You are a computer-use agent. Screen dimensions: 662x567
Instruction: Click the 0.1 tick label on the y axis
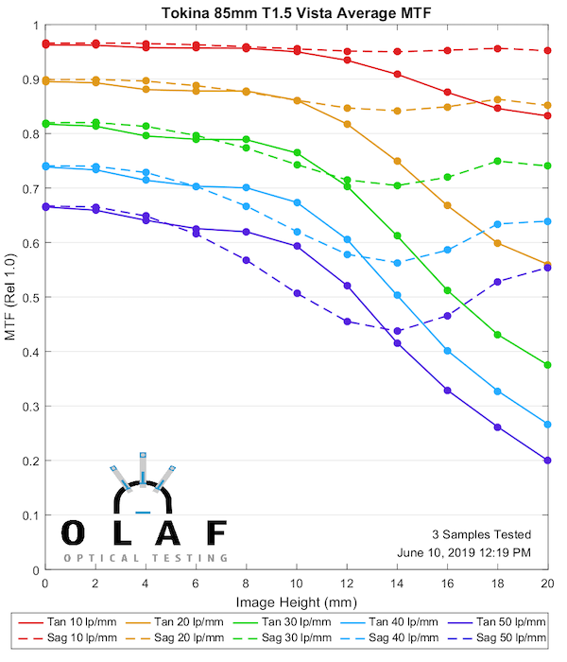30,515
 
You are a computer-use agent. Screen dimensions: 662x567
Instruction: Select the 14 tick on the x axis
397,570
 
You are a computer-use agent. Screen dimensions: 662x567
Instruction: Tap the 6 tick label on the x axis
196,584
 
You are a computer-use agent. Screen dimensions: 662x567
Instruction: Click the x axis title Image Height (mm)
296,601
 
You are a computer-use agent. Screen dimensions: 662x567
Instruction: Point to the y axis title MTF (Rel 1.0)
12,297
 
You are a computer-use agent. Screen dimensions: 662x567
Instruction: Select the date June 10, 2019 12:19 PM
465,551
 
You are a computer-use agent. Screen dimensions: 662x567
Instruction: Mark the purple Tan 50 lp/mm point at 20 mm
548,461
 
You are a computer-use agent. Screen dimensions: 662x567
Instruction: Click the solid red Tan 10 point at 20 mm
548,116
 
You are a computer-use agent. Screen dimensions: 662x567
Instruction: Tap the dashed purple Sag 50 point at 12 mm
347,322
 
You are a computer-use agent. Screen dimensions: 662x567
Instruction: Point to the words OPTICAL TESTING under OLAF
145,558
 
